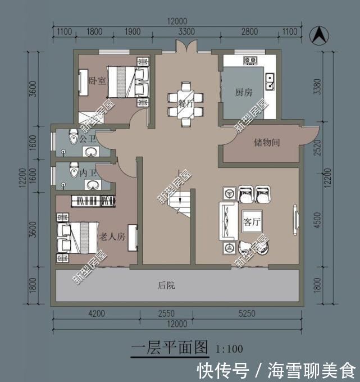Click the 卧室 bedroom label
[x=98, y=80]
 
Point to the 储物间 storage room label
[x=267, y=143]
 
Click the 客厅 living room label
[x=252, y=222]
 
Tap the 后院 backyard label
[x=167, y=285]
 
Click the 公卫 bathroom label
[x=88, y=138]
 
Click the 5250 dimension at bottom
[x=245, y=313]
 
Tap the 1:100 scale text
[x=229, y=349]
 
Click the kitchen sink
[x=270, y=81]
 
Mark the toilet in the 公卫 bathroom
[x=71, y=137]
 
